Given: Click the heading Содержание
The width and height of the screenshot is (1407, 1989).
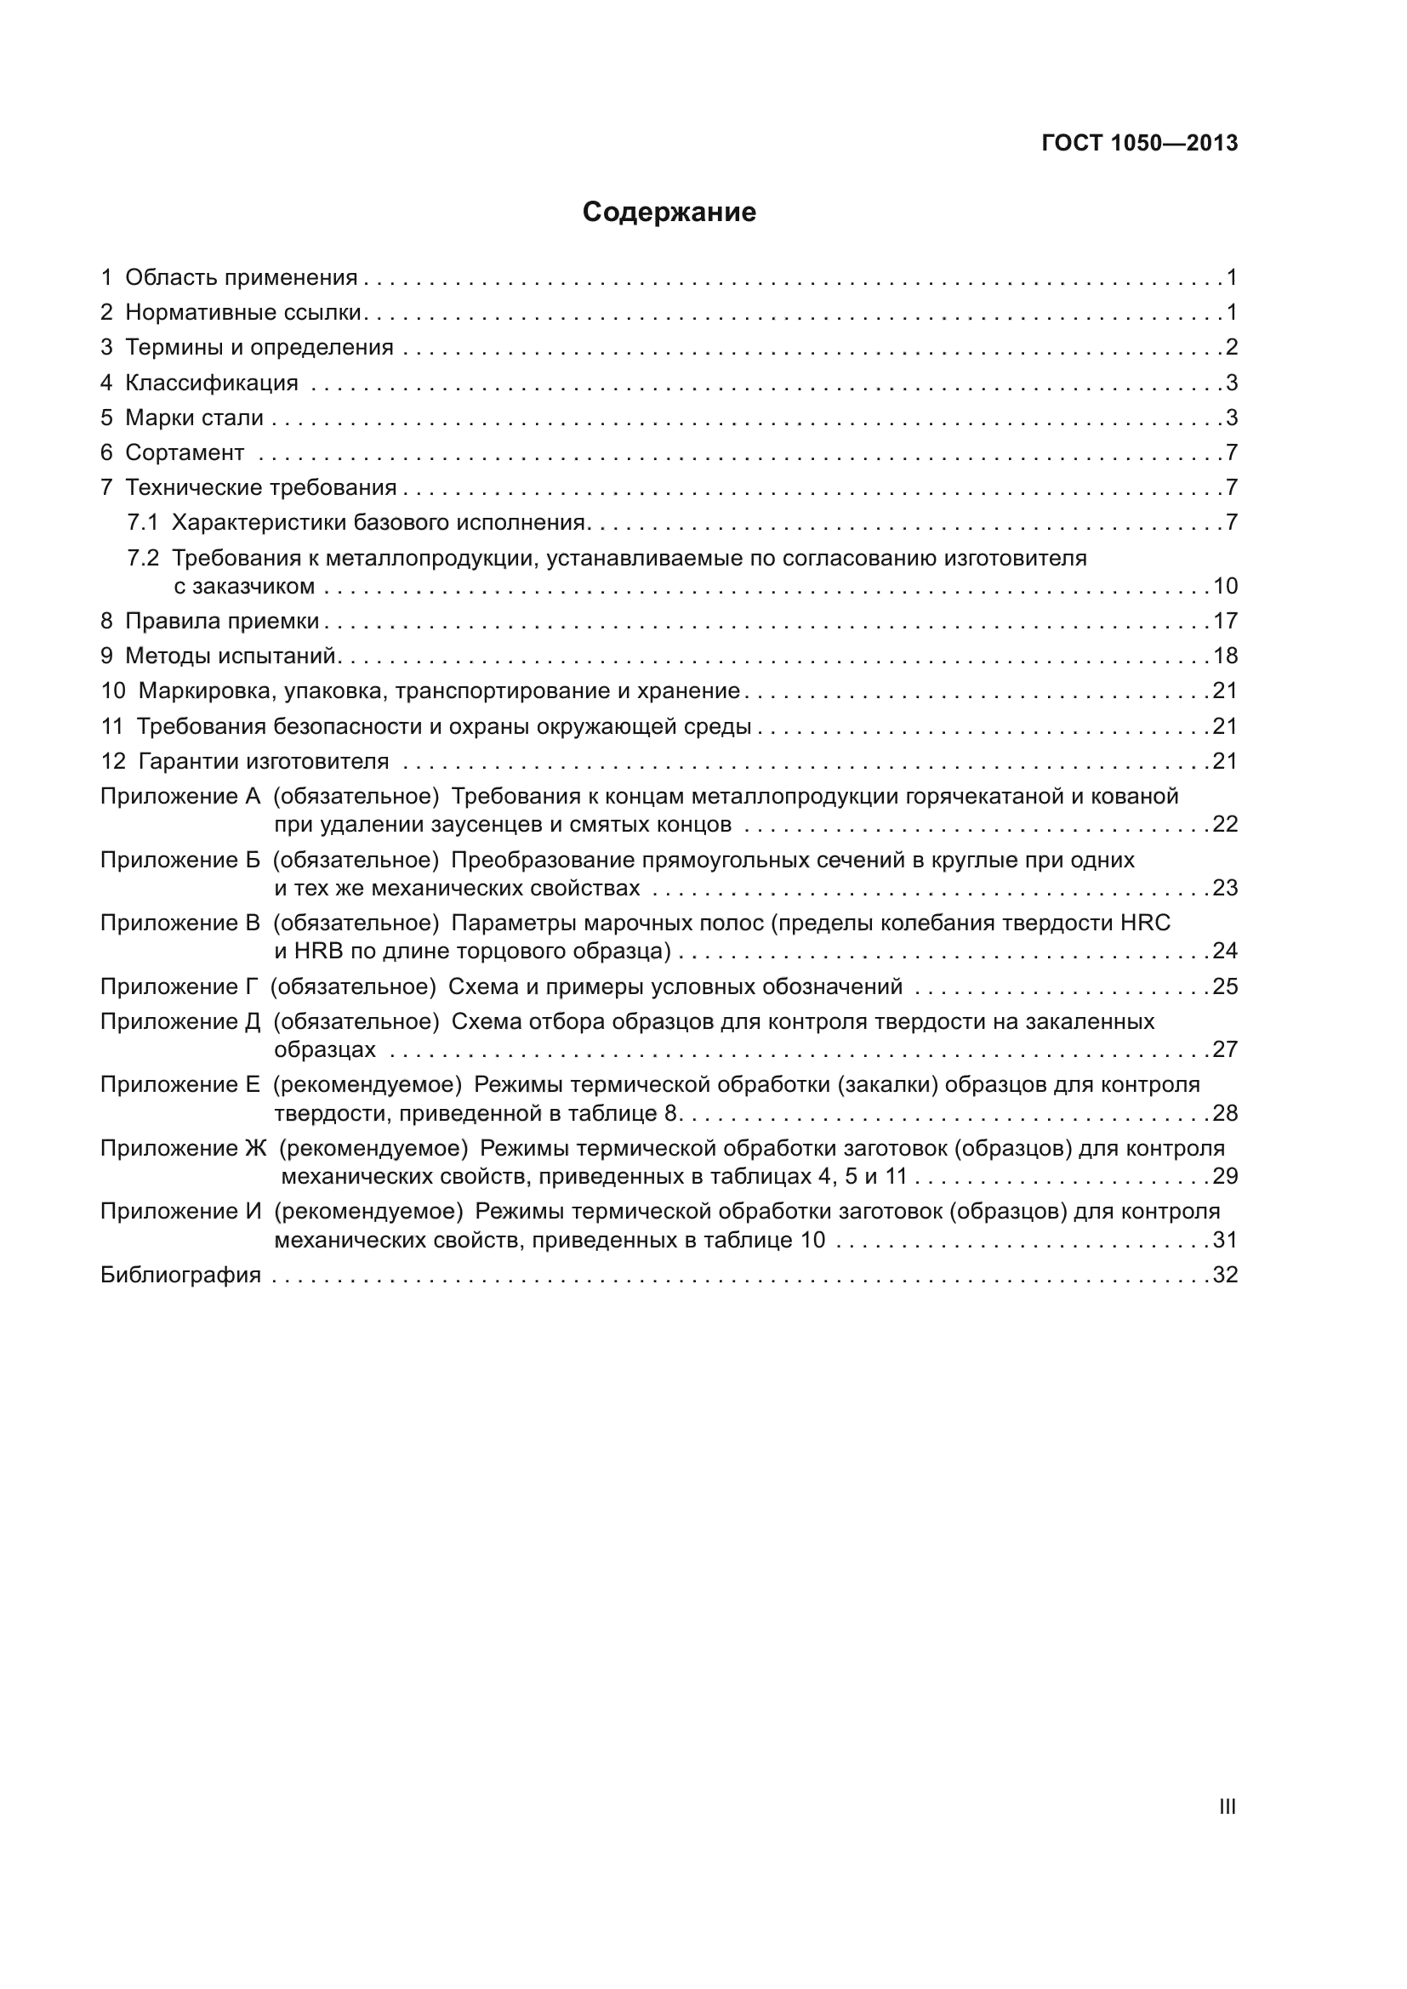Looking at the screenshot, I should pos(669,213).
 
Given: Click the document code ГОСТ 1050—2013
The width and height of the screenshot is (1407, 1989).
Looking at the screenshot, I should pos(1139,144).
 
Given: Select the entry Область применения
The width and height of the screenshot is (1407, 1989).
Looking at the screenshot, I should pos(241,277).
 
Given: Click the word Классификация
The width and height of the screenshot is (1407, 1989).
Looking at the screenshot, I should pos(212,383).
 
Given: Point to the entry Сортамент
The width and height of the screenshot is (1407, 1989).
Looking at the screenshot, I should pos(185,452).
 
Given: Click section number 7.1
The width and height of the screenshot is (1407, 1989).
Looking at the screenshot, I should pos(143,522).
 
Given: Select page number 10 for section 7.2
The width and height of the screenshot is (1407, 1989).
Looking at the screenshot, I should pos(1225,587).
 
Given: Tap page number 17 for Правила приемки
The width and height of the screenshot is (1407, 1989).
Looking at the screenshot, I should pos(1225,621).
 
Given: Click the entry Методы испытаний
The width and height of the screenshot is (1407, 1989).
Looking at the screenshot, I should pos(231,656).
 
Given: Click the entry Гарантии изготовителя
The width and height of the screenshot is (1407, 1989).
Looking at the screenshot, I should pos(264,761).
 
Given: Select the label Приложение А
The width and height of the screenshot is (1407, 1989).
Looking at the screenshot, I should pos(180,796).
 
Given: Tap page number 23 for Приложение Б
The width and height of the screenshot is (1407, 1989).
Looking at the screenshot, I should pos(1225,888).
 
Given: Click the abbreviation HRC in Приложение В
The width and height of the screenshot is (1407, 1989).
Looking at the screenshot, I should pos(1144,923).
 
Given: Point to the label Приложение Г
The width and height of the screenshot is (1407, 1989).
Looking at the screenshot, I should pos(179,986).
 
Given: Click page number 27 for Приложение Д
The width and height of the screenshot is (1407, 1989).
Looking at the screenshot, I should pos(1225,1050).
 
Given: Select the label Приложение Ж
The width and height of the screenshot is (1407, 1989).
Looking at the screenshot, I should pos(183,1149).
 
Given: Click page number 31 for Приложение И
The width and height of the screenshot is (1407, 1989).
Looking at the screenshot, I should pos(1225,1241).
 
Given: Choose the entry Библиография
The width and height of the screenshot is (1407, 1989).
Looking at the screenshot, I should pos(180,1276).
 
